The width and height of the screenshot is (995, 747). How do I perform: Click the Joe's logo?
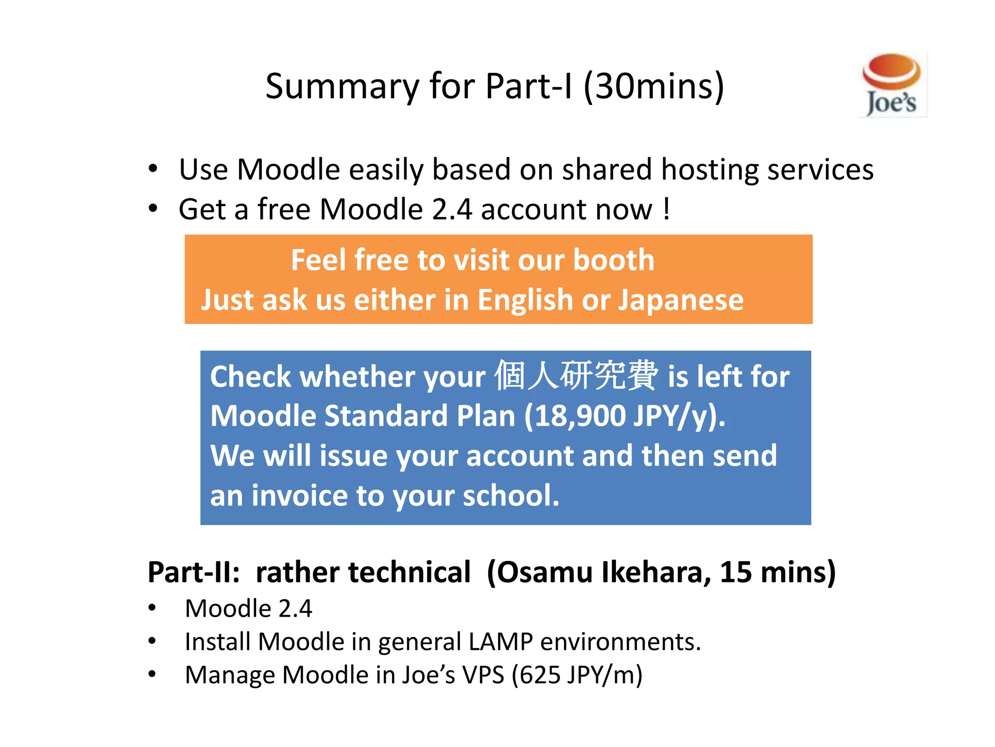[x=892, y=85]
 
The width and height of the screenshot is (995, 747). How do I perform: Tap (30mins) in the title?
[x=653, y=87]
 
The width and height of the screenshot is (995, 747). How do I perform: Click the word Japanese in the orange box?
[x=681, y=300]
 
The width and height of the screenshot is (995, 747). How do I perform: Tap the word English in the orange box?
[x=525, y=300]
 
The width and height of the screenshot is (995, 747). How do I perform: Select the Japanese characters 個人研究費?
[x=576, y=375]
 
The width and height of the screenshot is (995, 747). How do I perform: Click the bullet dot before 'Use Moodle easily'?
[x=153, y=169]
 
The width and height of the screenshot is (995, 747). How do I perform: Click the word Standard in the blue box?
[x=385, y=416]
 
